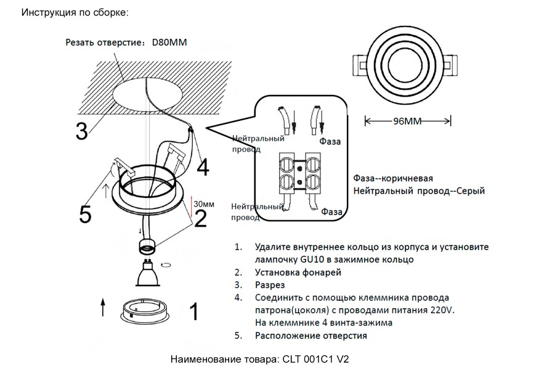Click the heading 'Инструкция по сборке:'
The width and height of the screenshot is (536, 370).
tap(75, 12)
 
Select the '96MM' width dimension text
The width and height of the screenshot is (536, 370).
tap(407, 121)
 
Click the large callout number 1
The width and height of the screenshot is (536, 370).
tap(193, 312)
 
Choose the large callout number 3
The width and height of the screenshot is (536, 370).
tap(81, 131)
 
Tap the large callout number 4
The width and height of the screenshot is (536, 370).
tap(203, 167)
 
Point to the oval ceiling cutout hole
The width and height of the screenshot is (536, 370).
tap(148, 96)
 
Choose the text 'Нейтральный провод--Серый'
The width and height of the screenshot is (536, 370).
tap(419, 191)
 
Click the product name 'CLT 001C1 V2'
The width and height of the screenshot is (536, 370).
tap(315, 358)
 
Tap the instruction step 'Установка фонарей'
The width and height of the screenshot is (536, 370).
tap(297, 272)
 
